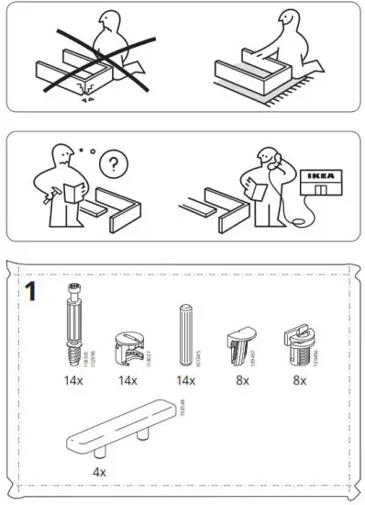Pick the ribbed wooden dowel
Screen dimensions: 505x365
click(x=182, y=335)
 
